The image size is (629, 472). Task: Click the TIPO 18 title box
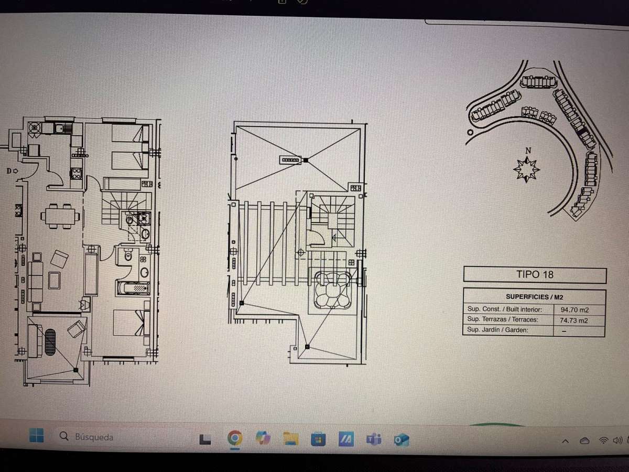pyautogui.click(x=535, y=275)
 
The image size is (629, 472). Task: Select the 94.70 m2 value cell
pyautogui.click(x=574, y=310)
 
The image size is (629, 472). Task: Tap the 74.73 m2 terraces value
pyautogui.click(x=573, y=320)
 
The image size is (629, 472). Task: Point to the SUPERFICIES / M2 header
pyautogui.click(x=535, y=297)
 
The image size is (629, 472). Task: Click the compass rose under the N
pyautogui.click(x=526, y=169)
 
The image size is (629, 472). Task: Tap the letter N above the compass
pyautogui.click(x=528, y=151)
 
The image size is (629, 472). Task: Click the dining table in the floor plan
pyautogui.click(x=60, y=216)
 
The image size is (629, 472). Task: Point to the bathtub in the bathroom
pyautogui.click(x=134, y=288)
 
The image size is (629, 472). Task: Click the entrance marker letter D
pyautogui.click(x=9, y=171)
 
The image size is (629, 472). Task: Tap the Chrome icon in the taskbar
pyautogui.click(x=235, y=437)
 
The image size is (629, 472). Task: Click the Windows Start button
pyautogui.click(x=36, y=435)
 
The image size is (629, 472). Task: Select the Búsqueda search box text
pyautogui.click(x=94, y=437)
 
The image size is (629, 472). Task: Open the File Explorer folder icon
pyautogui.click(x=290, y=438)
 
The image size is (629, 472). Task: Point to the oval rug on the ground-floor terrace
pyautogui.click(x=50, y=342)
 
